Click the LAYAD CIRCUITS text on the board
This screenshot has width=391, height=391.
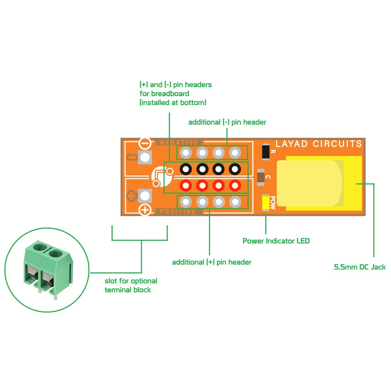click(x=318, y=144)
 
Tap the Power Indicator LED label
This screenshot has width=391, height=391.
click(x=276, y=241)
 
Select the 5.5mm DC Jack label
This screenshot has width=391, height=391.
click(x=360, y=267)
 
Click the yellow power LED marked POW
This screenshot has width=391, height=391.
click(x=265, y=202)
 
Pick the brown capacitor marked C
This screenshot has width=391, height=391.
click(x=261, y=177)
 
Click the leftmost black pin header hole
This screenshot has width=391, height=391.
click(x=186, y=168)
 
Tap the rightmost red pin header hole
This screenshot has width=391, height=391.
click(x=235, y=186)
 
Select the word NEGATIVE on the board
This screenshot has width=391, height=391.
click(x=179, y=142)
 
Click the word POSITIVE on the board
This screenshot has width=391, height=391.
click(x=178, y=212)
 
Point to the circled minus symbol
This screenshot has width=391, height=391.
click(x=145, y=143)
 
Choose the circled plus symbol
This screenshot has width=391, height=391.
click(x=145, y=210)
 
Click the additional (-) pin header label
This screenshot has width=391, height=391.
click(x=227, y=122)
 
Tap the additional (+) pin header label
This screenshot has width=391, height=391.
click(x=212, y=262)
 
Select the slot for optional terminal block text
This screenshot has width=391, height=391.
click(x=131, y=285)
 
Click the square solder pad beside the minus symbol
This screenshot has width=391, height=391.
click(x=145, y=157)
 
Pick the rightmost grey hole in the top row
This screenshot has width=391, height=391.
click(x=235, y=153)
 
